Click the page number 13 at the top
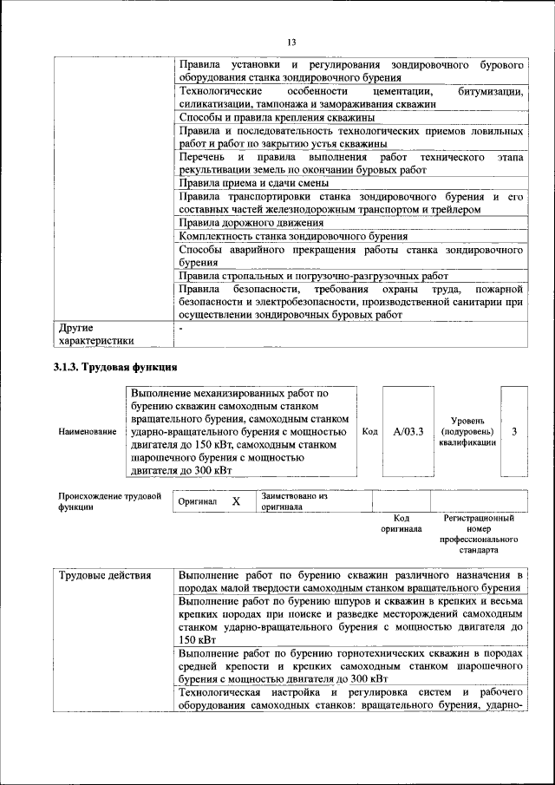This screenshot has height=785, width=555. pos(292,43)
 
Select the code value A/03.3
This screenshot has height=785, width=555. pos(407,431)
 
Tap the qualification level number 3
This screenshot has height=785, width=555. pos(515,431)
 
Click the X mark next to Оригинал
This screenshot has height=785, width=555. pos(236,501)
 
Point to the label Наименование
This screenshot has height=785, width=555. pos(87,431)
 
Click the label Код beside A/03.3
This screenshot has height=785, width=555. pos(369,431)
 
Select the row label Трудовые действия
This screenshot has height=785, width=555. pos(105,575)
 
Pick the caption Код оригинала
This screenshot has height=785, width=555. pos(401,523)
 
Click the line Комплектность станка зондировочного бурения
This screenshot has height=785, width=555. pos(292,236)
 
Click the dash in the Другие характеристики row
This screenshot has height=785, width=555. pos(180,328)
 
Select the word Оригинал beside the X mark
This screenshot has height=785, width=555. pos(197,502)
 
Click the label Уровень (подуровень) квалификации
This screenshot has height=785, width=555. pos(467,431)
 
